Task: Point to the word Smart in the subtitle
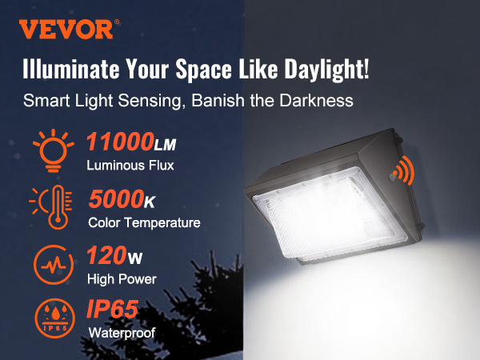(x=45, y=102)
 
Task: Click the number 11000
(x=121, y=144)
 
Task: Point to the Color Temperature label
(x=144, y=222)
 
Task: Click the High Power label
(x=122, y=279)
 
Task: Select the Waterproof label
(x=121, y=331)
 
